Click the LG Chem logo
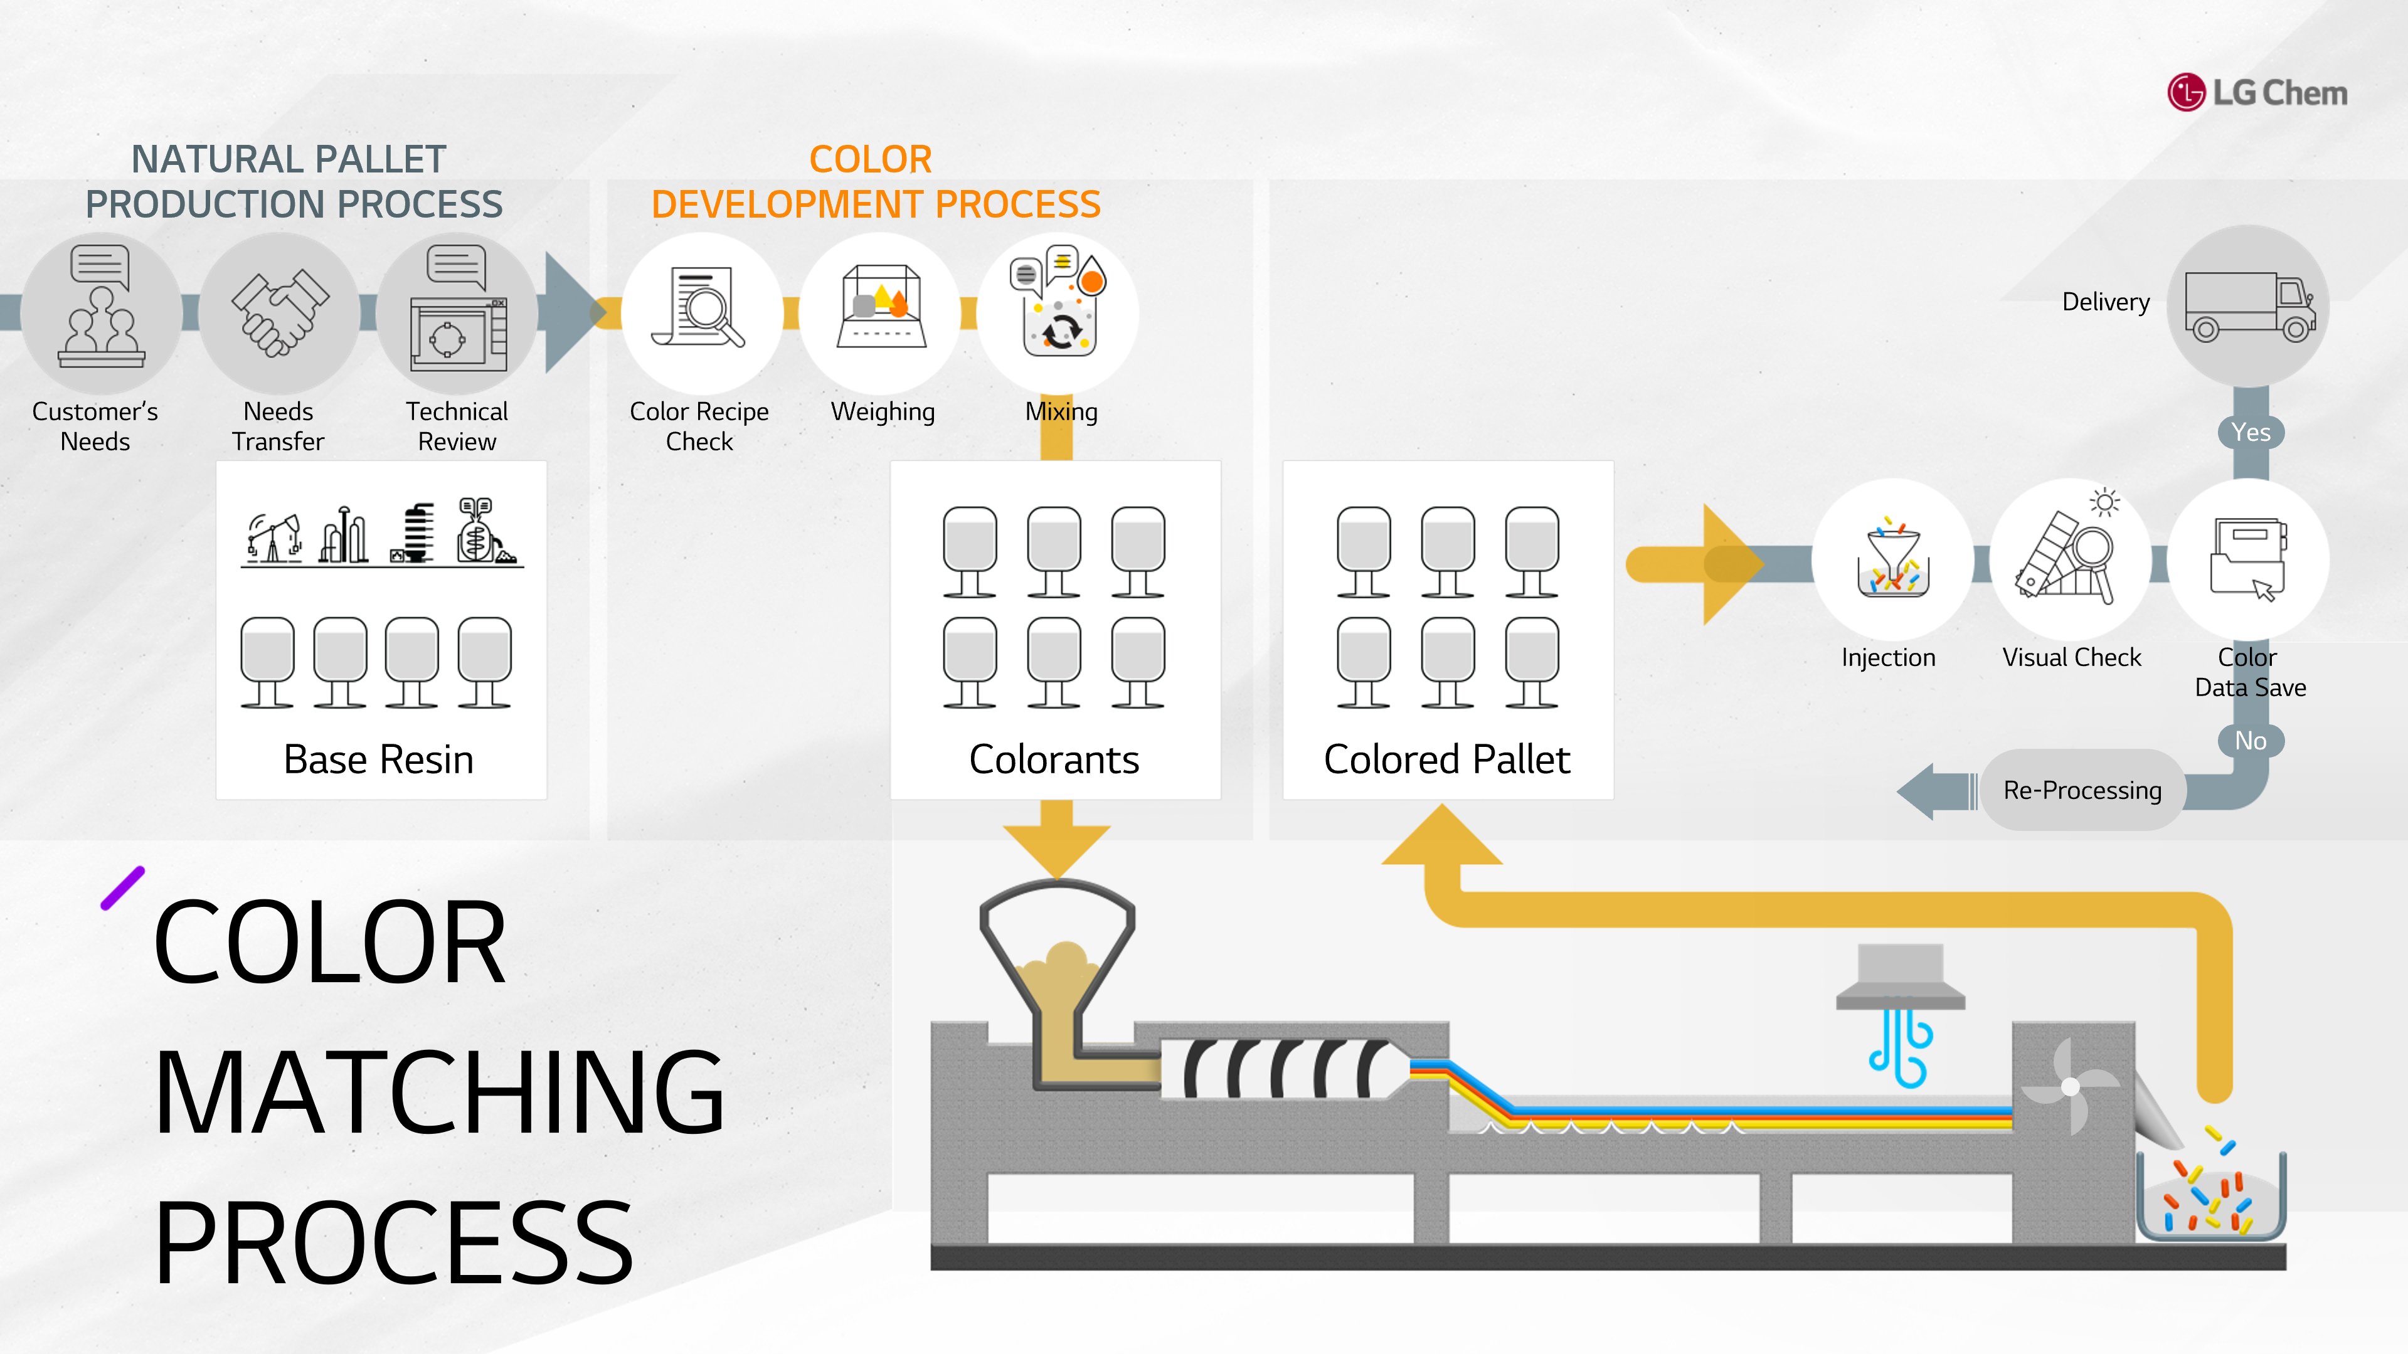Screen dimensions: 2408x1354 click(2257, 93)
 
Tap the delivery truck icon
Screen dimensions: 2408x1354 click(2250, 307)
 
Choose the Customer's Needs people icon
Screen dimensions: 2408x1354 click(101, 305)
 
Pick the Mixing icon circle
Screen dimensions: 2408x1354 click(1058, 312)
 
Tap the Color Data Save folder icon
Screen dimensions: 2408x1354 click(2248, 559)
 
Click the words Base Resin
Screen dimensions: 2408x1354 click(379, 759)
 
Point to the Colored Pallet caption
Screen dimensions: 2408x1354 click(1447, 759)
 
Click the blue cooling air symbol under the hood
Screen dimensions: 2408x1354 click(1901, 1047)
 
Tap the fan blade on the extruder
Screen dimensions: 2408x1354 click(2070, 1086)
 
